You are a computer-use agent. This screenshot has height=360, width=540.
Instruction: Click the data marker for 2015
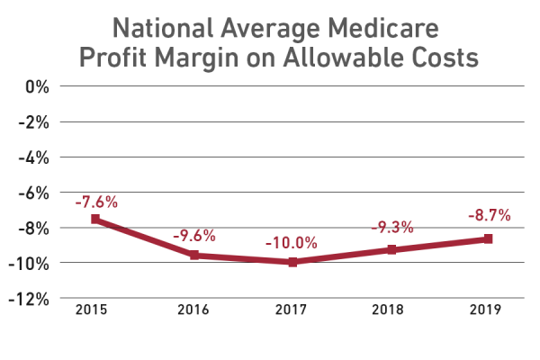94,219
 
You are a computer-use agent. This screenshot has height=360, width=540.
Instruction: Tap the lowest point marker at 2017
292,262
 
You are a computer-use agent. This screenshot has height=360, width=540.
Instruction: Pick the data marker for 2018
390,249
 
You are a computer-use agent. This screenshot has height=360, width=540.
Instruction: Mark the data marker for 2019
488,238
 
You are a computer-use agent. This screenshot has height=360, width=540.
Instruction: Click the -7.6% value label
95,202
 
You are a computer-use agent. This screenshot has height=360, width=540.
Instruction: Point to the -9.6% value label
193,237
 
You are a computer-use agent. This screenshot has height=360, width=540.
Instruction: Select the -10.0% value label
292,244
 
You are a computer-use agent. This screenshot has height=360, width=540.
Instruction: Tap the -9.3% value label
391,228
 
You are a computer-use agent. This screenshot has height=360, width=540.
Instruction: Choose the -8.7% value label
489,216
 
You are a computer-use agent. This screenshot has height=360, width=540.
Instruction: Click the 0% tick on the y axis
35,87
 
